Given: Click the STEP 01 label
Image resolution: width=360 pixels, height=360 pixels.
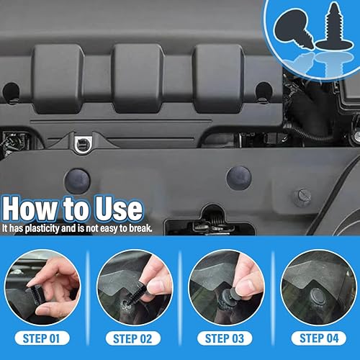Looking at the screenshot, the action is [42, 338].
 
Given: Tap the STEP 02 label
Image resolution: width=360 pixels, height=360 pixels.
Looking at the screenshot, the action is [133, 338].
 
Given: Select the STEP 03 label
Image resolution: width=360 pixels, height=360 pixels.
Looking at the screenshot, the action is [225, 338].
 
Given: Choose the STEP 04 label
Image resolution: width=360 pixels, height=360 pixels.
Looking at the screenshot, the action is [318, 338].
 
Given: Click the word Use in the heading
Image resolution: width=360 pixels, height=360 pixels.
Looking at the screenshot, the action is [118, 208].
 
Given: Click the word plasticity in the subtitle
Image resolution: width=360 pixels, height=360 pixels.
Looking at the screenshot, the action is [42, 228].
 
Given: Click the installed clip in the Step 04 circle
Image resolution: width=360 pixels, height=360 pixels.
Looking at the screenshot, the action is [318, 296].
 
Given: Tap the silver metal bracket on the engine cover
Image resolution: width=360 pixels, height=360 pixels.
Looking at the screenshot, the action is [83, 145].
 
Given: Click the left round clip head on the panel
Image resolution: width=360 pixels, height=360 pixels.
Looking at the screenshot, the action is [77, 181].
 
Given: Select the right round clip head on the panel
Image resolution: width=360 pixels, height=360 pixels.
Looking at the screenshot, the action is [238, 178].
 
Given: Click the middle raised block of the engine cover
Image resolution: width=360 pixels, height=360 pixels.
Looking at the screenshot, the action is [138, 78].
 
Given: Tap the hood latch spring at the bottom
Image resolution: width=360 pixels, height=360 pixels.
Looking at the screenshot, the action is [215, 222].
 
